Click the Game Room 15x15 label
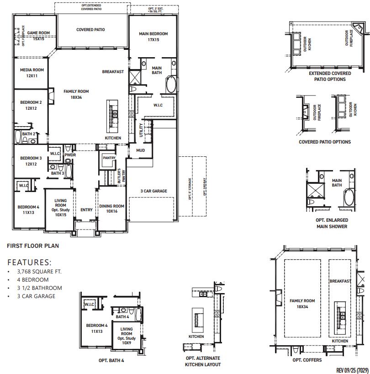pyautogui.click(x=38, y=36)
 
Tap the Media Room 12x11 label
pyautogui.click(x=32, y=73)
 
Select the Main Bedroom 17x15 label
pyautogui.click(x=153, y=37)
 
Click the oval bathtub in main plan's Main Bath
pyautogui.click(x=170, y=85)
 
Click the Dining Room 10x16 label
pyautogui.click(x=111, y=209)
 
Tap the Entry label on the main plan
pyautogui.click(x=86, y=210)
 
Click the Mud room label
pyautogui.click(x=140, y=150)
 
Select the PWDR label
pyautogui.click(x=70, y=155)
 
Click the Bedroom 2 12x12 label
pyautogui.click(x=31, y=105)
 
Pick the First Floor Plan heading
pyautogui.click(x=32, y=246)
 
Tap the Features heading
pyautogui.click(x=30, y=262)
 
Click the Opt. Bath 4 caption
pyautogui.click(x=111, y=360)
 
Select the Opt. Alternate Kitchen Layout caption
pyautogui.click(x=202, y=361)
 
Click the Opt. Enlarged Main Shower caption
pyautogui.click(x=331, y=223)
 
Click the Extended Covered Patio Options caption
pyautogui.click(x=330, y=76)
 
